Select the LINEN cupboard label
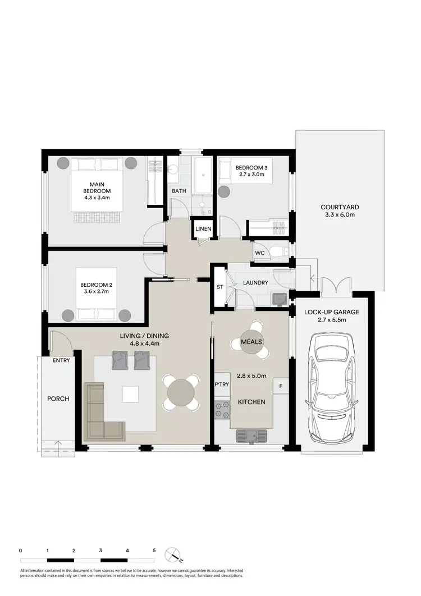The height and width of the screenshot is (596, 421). pos(202,229)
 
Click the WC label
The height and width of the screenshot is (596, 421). pos(259,253)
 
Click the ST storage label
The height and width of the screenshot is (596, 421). pos(220,288)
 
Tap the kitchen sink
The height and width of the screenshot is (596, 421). pos(251,435)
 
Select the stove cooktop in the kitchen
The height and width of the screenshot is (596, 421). pos(222,410)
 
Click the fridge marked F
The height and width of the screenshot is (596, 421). pos(280,387)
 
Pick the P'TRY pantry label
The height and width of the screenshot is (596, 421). pos(221,384)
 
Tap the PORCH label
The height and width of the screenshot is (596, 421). pos(58,399)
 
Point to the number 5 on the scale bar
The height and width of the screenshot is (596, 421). pos(154,551)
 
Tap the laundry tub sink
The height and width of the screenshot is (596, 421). pos(279,299)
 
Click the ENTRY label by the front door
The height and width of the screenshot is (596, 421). pos(62,360)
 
